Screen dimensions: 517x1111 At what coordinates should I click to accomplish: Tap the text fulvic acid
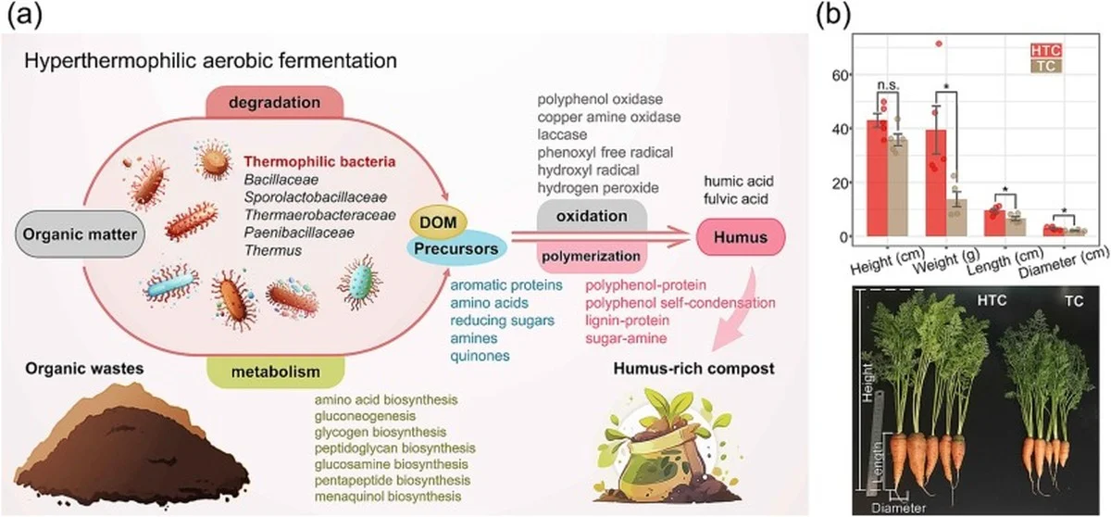click(739, 197)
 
